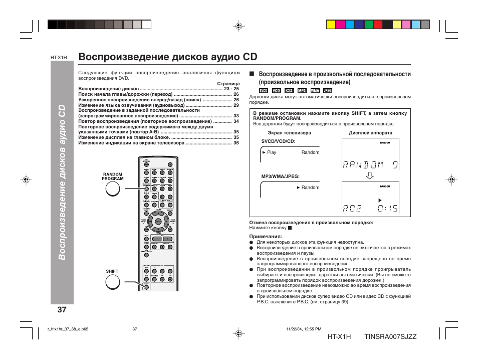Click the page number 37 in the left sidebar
62,309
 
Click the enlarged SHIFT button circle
113,282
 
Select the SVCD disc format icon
264,91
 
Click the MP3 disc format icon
302,91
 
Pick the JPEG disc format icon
328,91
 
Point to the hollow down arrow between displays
370,175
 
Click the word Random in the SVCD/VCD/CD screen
310,152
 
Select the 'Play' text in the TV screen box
271,152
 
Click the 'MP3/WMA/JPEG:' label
280,176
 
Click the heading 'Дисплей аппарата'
370,133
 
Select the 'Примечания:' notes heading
266,236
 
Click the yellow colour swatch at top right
331,25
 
